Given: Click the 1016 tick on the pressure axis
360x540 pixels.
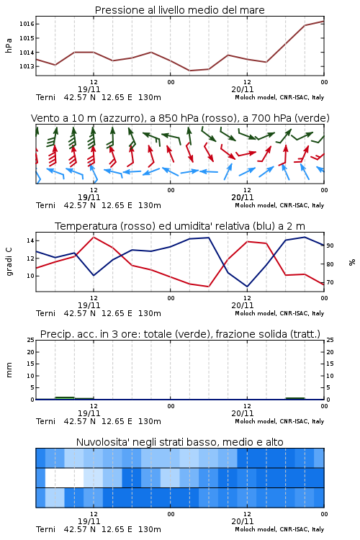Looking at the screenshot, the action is point(27,24).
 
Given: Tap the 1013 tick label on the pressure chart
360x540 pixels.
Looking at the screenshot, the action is point(27,66).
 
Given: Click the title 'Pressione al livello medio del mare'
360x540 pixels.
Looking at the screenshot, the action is point(179,10).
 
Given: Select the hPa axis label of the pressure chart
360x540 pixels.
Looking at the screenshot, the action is point(9,45).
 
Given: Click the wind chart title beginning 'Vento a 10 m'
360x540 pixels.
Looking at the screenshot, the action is point(180,118).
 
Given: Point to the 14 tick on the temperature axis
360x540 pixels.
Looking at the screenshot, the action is point(30,240).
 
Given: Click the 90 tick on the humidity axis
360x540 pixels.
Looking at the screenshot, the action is point(330,246).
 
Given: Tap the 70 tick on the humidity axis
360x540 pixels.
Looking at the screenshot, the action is point(330,282).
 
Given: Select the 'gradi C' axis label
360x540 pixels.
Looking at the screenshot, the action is point(9,261).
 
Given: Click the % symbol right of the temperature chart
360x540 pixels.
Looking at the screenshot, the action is point(352,262).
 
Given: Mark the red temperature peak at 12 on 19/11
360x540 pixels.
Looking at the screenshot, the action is point(94,237).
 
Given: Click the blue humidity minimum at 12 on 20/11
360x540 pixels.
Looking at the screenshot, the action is point(247,287).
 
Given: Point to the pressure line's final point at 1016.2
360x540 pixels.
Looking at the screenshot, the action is point(324,21).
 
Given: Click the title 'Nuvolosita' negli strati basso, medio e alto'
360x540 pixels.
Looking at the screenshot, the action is point(179,442).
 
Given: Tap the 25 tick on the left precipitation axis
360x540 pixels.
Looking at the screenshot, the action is point(30,340).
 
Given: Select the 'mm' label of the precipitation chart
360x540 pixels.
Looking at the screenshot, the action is point(9,370).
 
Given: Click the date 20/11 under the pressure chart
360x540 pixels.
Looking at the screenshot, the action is point(242,89).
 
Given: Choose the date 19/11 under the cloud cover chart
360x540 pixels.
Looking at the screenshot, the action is point(89,521).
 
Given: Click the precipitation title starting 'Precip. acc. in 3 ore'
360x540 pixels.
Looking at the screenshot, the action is point(180,334).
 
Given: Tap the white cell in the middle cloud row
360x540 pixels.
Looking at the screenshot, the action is point(64,477).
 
